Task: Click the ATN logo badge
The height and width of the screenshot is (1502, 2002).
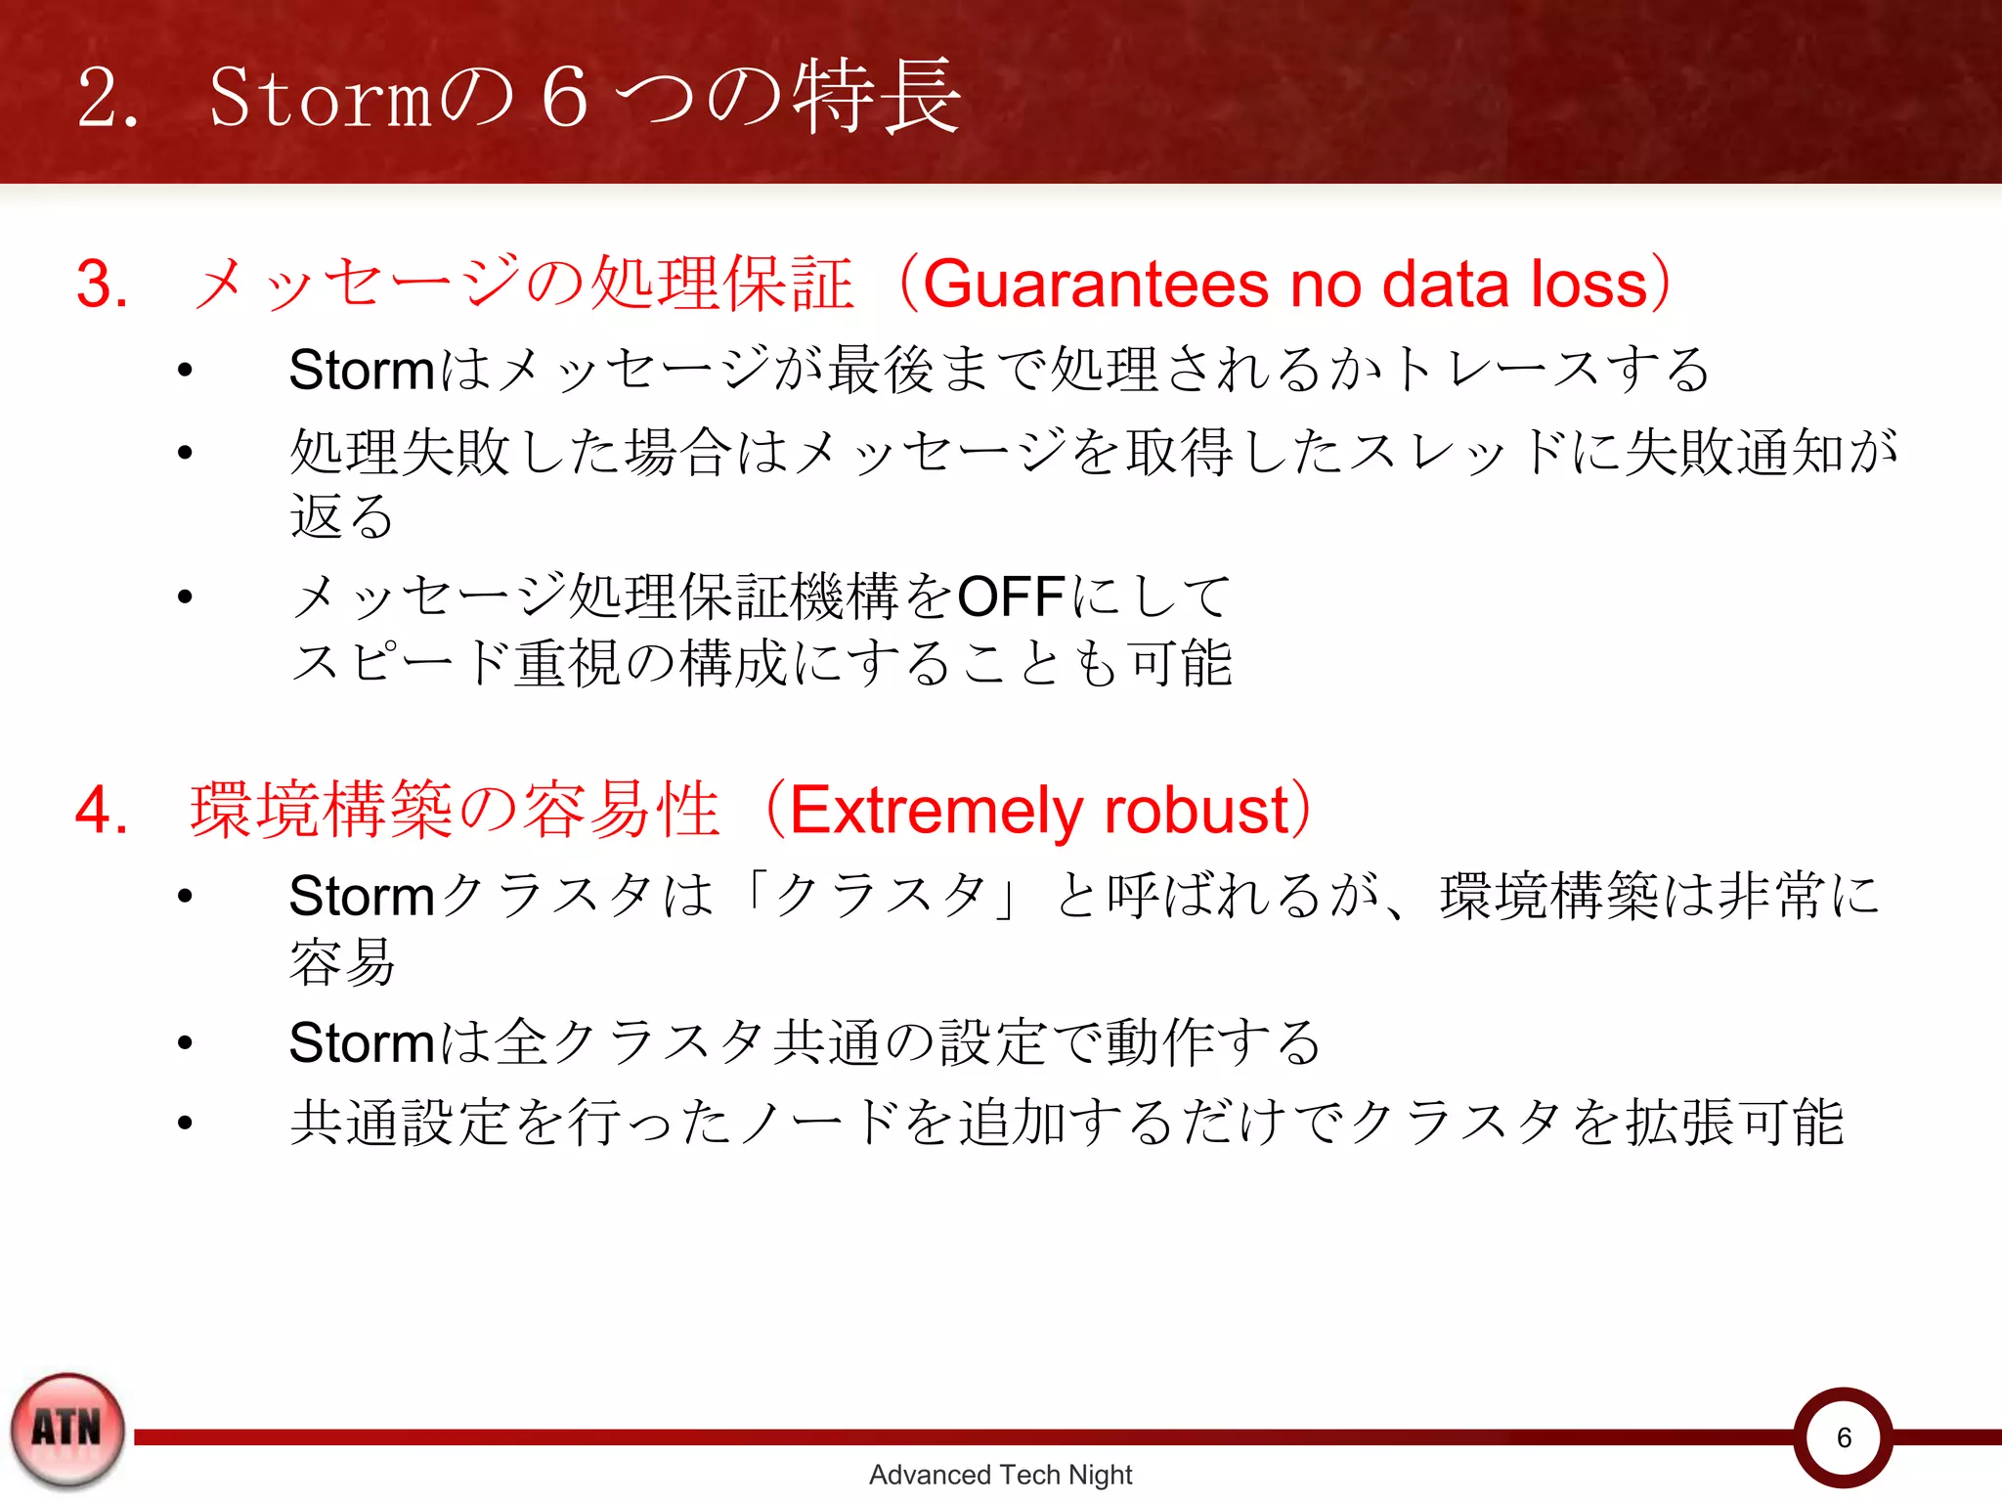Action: [x=67, y=1430]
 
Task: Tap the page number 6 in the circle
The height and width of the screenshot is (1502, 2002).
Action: [x=1844, y=1437]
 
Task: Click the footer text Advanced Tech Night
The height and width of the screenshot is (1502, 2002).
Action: [x=1000, y=1475]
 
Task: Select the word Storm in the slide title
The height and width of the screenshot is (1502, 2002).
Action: [x=320, y=99]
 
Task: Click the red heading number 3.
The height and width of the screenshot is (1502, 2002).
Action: [x=102, y=285]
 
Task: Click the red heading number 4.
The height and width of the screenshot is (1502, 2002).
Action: [x=102, y=811]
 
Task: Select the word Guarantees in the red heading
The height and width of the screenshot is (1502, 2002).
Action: [x=1096, y=285]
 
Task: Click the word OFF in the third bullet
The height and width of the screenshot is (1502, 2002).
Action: [x=1011, y=596]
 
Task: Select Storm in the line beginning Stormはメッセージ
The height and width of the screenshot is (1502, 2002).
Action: [x=361, y=371]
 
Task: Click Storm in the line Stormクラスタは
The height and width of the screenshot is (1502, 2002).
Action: [x=361, y=896]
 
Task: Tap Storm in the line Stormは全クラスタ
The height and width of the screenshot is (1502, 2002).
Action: [x=361, y=1042]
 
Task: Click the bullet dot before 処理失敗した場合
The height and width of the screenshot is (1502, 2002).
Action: [x=185, y=452]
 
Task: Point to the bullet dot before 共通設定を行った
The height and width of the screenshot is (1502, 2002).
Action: [x=185, y=1123]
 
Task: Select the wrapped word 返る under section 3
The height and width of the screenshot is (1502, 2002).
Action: [x=341, y=516]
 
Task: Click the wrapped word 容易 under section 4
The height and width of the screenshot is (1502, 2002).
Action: [x=341, y=962]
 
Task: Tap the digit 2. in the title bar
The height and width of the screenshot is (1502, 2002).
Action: [x=108, y=99]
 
